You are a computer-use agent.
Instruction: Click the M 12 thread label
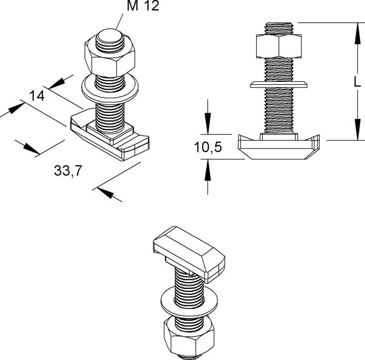click(x=143, y=5)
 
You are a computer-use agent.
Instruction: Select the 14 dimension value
click(x=37, y=96)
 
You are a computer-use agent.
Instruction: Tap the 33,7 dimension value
click(x=68, y=171)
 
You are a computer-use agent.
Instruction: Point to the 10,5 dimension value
click(x=208, y=147)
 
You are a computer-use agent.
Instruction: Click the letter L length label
click(x=357, y=82)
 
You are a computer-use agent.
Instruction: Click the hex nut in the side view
click(x=279, y=46)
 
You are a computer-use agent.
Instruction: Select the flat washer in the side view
click(x=279, y=84)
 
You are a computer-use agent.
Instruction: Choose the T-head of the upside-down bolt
click(x=189, y=254)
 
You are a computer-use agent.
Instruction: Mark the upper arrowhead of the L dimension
click(x=358, y=33)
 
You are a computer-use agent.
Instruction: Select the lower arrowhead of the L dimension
click(x=358, y=129)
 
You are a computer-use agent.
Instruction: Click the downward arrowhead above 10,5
click(x=208, y=123)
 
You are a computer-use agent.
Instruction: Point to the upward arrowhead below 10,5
click(x=208, y=170)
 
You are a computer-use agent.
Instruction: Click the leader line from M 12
click(x=120, y=21)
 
